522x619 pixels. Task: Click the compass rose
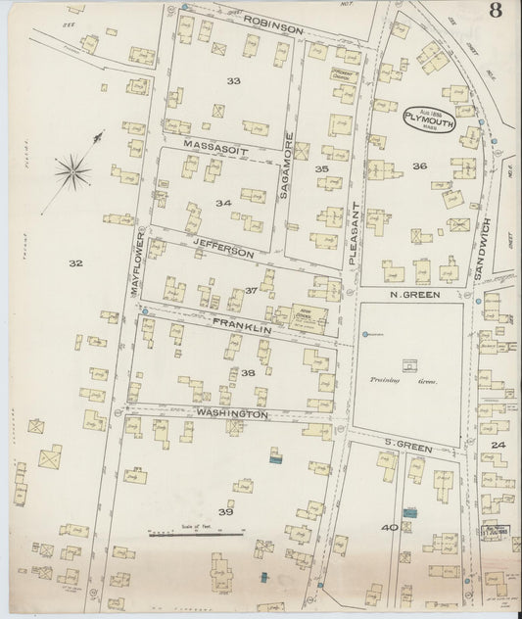74,174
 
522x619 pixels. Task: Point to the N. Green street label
411,293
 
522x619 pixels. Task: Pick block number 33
234,80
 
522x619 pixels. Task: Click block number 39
226,511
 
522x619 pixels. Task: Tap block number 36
420,167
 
